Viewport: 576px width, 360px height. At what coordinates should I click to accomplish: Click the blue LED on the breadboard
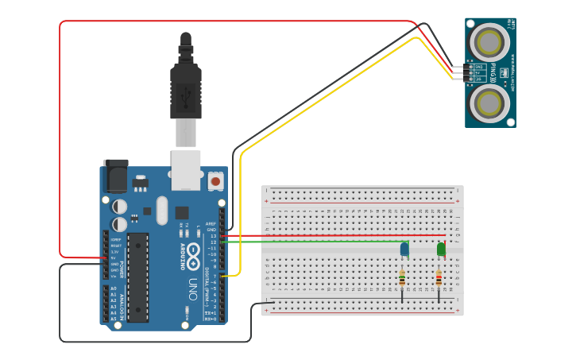[404, 250]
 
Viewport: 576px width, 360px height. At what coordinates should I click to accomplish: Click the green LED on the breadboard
[442, 250]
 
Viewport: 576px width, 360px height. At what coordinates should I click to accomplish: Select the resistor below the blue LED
[402, 279]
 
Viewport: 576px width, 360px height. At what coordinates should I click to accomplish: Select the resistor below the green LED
[439, 279]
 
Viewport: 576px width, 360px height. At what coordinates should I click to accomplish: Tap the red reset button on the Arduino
[215, 181]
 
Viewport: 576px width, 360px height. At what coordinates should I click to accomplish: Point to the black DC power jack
[116, 176]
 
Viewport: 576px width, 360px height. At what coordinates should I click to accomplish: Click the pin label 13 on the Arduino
[213, 236]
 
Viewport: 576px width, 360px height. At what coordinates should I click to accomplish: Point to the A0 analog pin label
[113, 288]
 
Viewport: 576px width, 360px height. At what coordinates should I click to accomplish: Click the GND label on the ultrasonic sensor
[480, 67]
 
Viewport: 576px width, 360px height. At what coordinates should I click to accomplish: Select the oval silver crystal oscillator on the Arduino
[162, 211]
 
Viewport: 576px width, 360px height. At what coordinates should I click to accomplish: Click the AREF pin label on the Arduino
[211, 224]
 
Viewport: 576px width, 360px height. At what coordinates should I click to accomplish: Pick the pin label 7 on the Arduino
[215, 276]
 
